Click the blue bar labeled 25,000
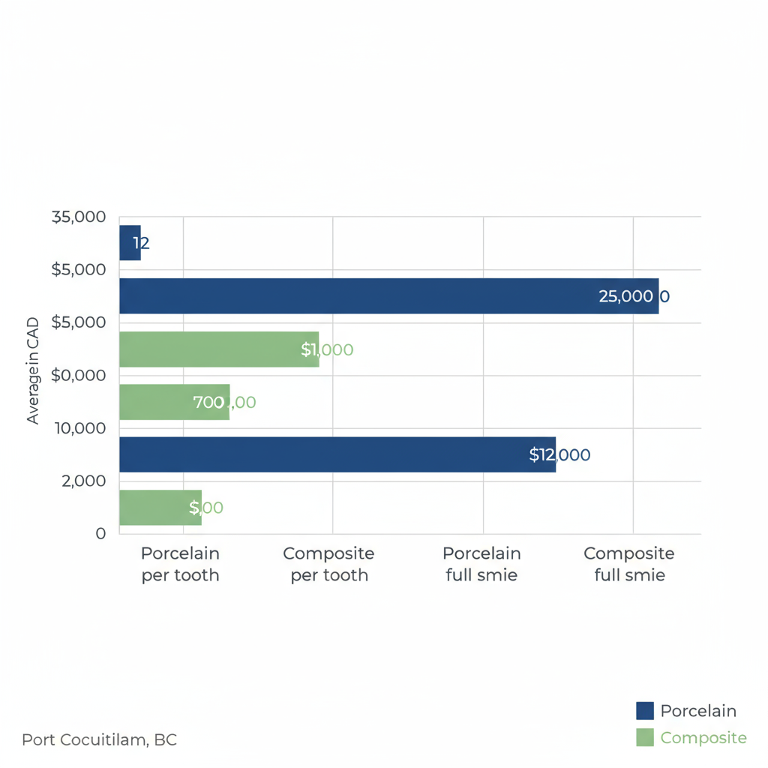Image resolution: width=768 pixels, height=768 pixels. pyautogui.click(x=375, y=296)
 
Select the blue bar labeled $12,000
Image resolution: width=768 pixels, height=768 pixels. pyautogui.click(x=330, y=454)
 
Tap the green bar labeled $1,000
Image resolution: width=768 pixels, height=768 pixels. pyautogui.click(x=217, y=349)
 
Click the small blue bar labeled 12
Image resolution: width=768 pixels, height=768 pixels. pyautogui.click(x=130, y=243)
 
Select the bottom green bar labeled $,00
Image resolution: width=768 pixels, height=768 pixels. pyautogui.click(x=159, y=508)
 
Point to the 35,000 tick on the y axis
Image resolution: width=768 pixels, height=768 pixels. pyautogui.click(x=79, y=217)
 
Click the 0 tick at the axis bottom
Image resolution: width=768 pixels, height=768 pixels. pyautogui.click(x=101, y=533)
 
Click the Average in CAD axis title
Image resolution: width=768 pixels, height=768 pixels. pyautogui.click(x=33, y=370)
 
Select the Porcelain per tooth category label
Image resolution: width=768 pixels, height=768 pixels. pyautogui.click(x=180, y=564)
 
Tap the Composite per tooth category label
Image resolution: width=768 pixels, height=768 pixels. pyautogui.click(x=328, y=564)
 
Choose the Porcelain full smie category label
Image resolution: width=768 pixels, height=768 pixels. pyautogui.click(x=481, y=564)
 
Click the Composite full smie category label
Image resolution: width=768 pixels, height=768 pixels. pyautogui.click(x=628, y=564)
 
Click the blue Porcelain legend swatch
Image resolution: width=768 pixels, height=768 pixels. pyautogui.click(x=645, y=711)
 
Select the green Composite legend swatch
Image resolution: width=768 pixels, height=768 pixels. pyautogui.click(x=645, y=737)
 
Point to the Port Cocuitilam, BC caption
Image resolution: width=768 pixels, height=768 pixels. pyautogui.click(x=99, y=739)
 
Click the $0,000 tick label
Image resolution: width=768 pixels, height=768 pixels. pyautogui.click(x=79, y=375)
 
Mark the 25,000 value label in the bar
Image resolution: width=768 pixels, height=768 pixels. pyautogui.click(x=626, y=296)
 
